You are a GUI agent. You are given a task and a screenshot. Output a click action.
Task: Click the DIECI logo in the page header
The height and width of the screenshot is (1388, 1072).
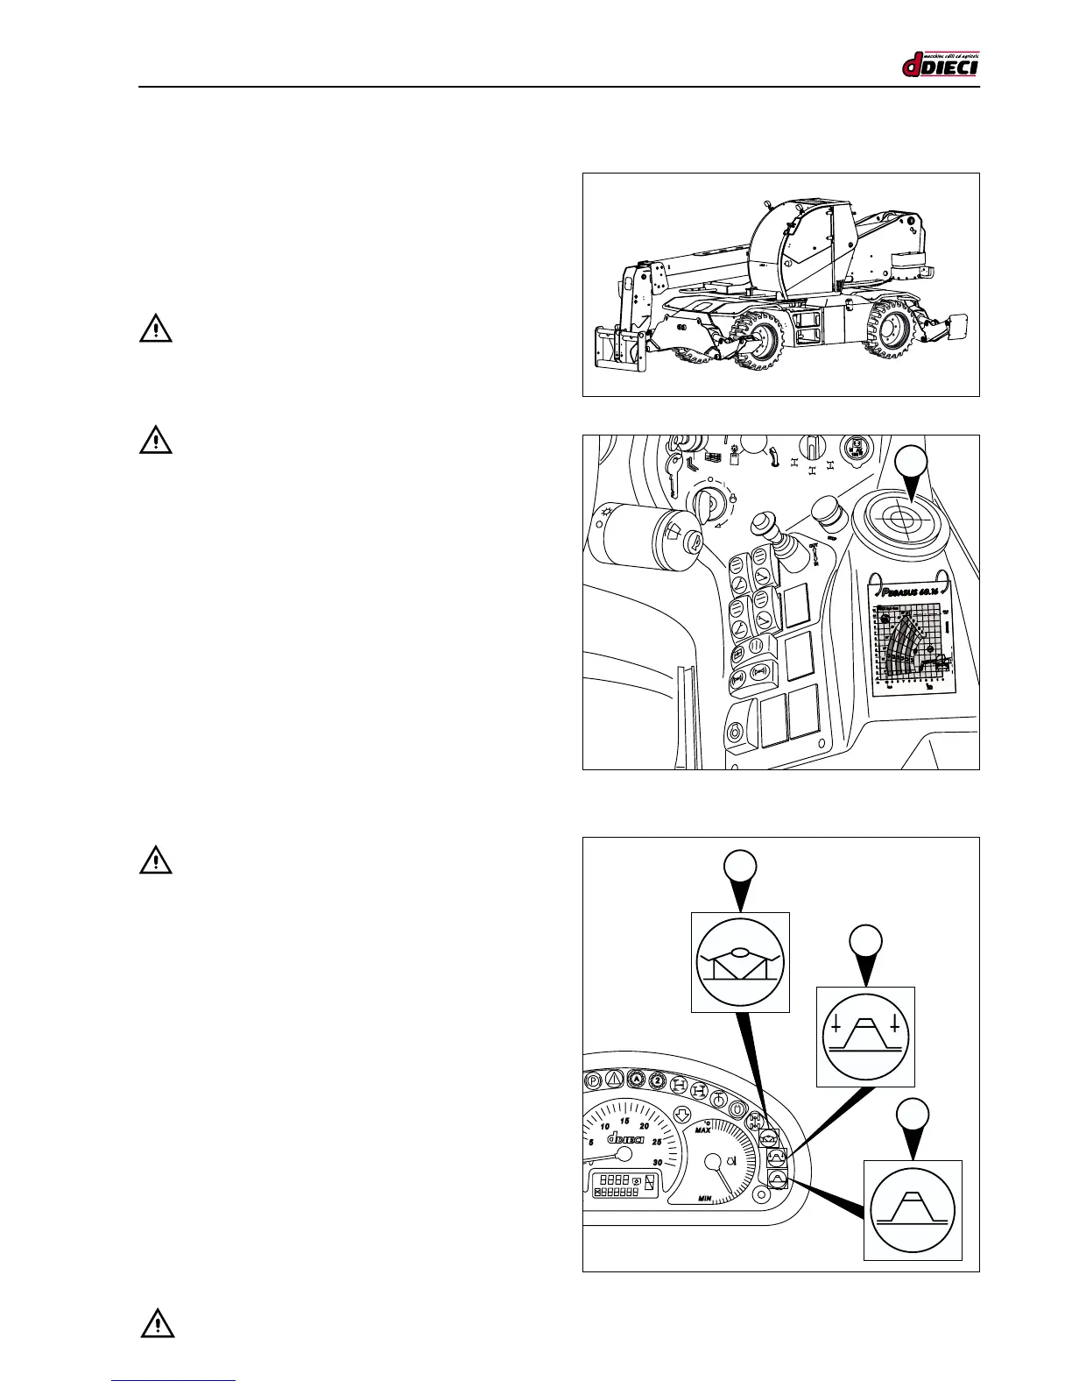click(940, 65)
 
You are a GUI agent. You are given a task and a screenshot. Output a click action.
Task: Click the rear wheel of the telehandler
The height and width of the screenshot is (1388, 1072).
click(891, 333)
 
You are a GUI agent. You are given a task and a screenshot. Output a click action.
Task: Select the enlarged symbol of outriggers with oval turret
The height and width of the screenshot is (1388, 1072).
click(740, 962)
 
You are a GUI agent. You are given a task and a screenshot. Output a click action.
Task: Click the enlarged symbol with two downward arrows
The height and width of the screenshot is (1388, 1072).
click(864, 1036)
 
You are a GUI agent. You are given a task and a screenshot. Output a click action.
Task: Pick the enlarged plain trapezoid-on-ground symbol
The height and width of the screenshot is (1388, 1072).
click(913, 1209)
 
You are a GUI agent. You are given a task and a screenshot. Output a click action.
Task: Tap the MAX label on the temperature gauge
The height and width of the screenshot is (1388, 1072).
click(702, 1130)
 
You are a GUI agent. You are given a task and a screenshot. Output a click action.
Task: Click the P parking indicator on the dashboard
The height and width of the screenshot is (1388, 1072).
click(593, 1082)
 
